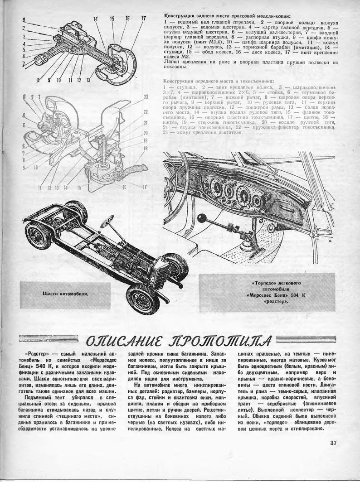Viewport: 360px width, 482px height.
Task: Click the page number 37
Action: point(334,443)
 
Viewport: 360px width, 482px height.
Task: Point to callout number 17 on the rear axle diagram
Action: point(143,19)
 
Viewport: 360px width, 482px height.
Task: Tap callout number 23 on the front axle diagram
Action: point(146,96)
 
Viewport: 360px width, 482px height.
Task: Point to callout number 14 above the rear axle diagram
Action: point(96,19)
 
